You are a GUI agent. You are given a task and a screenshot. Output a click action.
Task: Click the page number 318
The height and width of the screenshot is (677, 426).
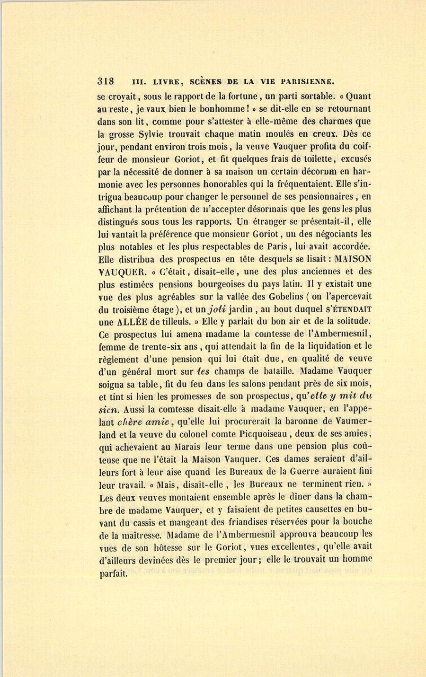[x=106, y=80]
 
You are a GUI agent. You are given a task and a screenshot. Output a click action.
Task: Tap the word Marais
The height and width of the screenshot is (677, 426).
[x=187, y=446]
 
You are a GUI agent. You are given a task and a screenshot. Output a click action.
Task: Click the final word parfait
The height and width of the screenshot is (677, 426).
[x=114, y=574]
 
